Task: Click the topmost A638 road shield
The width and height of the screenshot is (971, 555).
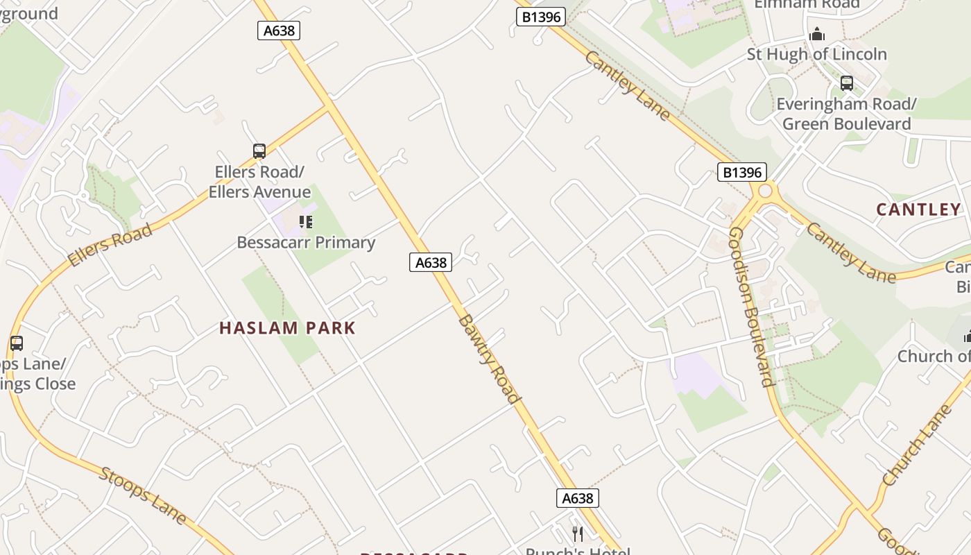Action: coord(279,30)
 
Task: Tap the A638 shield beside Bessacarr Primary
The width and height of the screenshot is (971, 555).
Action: coord(431,262)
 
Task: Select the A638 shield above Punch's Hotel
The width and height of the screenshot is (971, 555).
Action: coord(577,498)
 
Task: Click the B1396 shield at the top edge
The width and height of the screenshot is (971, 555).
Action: coord(541,17)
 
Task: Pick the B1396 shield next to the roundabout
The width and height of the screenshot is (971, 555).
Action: coord(742,172)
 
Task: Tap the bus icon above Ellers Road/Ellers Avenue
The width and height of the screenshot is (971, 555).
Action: coord(259,151)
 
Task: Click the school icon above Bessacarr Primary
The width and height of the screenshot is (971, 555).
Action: coord(305,222)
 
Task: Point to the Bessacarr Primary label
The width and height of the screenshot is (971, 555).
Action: coord(306,242)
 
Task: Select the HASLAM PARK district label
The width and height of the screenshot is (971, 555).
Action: coord(287,328)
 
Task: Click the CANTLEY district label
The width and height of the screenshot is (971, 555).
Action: coord(918,210)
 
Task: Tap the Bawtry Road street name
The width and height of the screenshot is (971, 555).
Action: coord(489,358)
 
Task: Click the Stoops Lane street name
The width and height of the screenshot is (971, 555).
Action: coord(143,495)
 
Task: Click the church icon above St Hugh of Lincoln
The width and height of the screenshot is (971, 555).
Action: coord(817,33)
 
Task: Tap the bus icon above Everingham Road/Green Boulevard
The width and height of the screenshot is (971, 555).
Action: coord(846,83)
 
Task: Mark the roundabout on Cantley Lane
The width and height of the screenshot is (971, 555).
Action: coord(766,191)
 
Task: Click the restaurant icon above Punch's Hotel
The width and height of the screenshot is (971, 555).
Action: coord(577,533)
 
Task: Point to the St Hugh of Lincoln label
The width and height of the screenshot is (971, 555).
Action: coord(816,54)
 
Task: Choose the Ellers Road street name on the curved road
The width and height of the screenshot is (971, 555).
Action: coord(110,246)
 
